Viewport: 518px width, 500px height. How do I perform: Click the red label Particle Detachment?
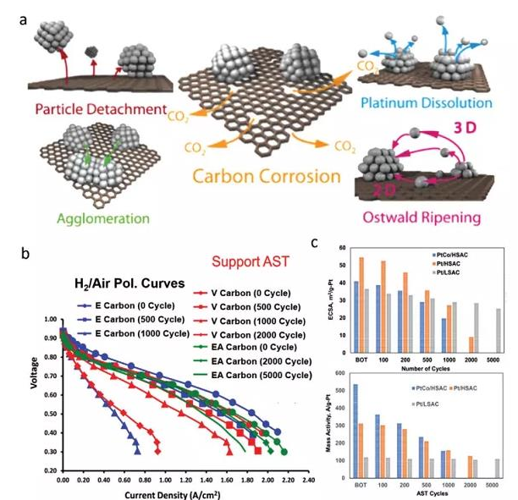[x=89, y=109]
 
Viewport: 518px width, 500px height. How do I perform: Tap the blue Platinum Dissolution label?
[x=435, y=102]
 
